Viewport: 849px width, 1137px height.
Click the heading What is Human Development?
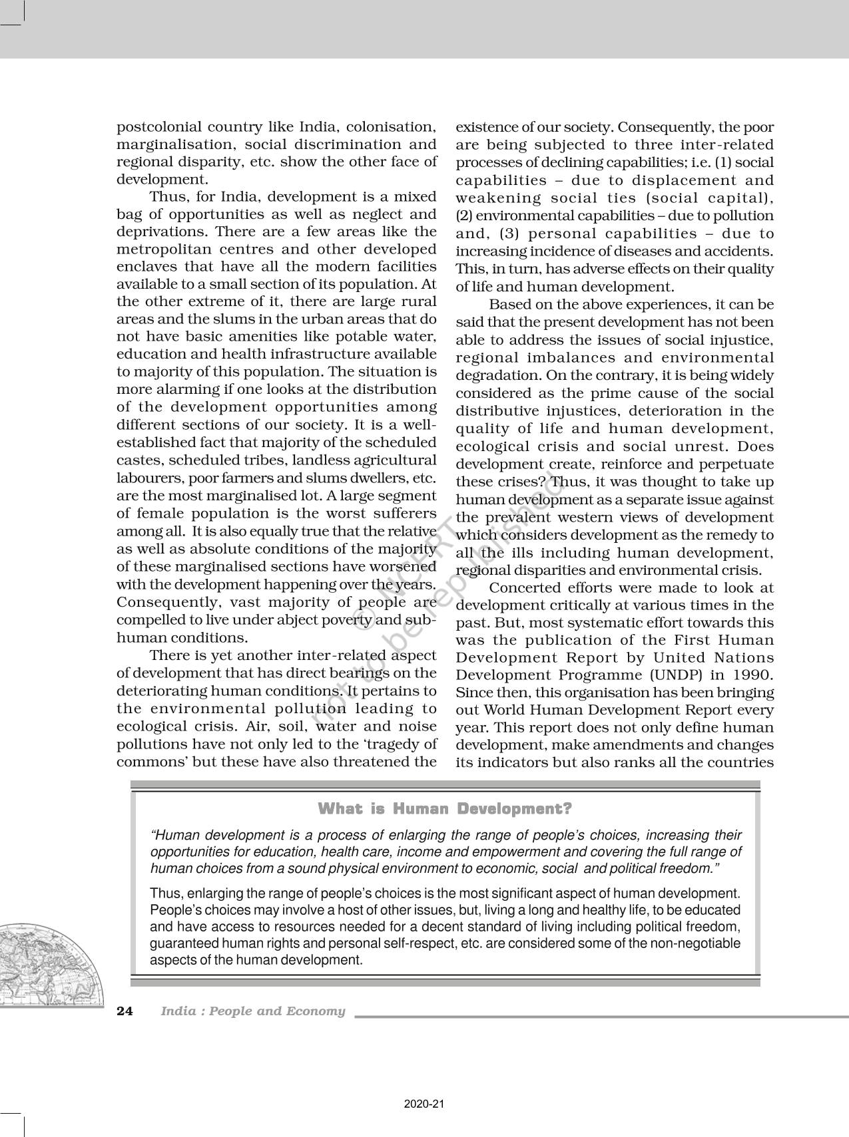point(445,809)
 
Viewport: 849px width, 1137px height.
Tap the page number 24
point(125,1011)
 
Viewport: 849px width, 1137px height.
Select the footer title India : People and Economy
point(253,1011)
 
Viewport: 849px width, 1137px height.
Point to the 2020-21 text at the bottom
point(424,1104)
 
